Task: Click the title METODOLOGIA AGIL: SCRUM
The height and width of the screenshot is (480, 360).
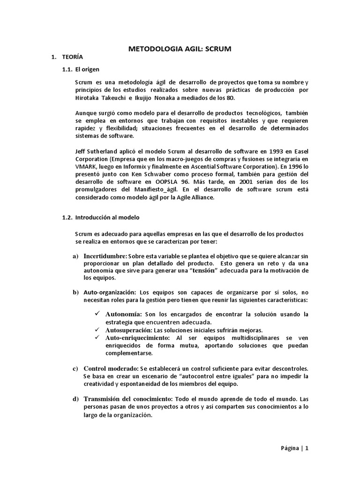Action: click(180, 49)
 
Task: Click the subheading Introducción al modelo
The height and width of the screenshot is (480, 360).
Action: click(107, 217)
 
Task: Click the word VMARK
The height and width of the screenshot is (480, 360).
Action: click(85, 166)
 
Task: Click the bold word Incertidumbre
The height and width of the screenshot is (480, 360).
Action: click(105, 256)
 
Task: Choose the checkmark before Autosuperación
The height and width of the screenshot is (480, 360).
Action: click(97, 330)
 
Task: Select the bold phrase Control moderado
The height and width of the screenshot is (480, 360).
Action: click(110, 368)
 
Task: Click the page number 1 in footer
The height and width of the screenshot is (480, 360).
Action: click(307, 448)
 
